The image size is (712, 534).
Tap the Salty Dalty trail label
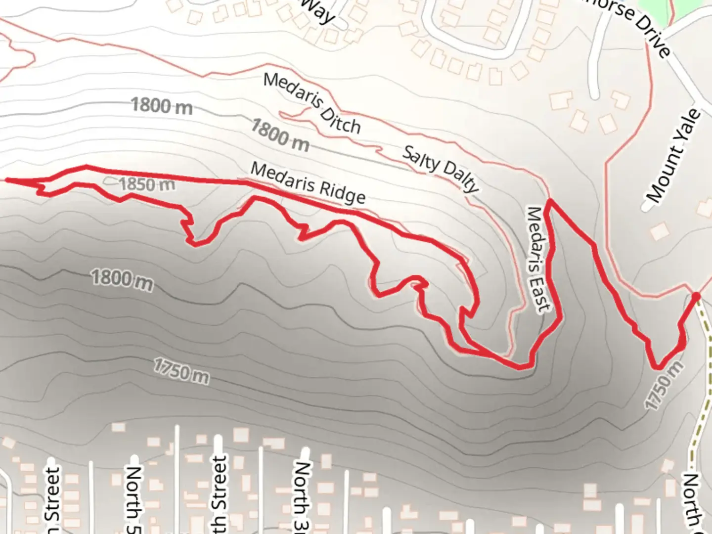pyautogui.click(x=441, y=168)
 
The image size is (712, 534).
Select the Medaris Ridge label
pyautogui.click(x=308, y=183)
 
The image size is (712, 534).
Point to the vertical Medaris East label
pyautogui.click(x=538, y=259)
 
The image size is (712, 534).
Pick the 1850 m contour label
pyautogui.click(x=147, y=184)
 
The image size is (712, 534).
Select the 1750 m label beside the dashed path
pyautogui.click(x=665, y=385)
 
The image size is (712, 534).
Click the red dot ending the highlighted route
pyautogui.click(x=696, y=297)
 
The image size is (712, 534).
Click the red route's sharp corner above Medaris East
pyautogui.click(x=549, y=201)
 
